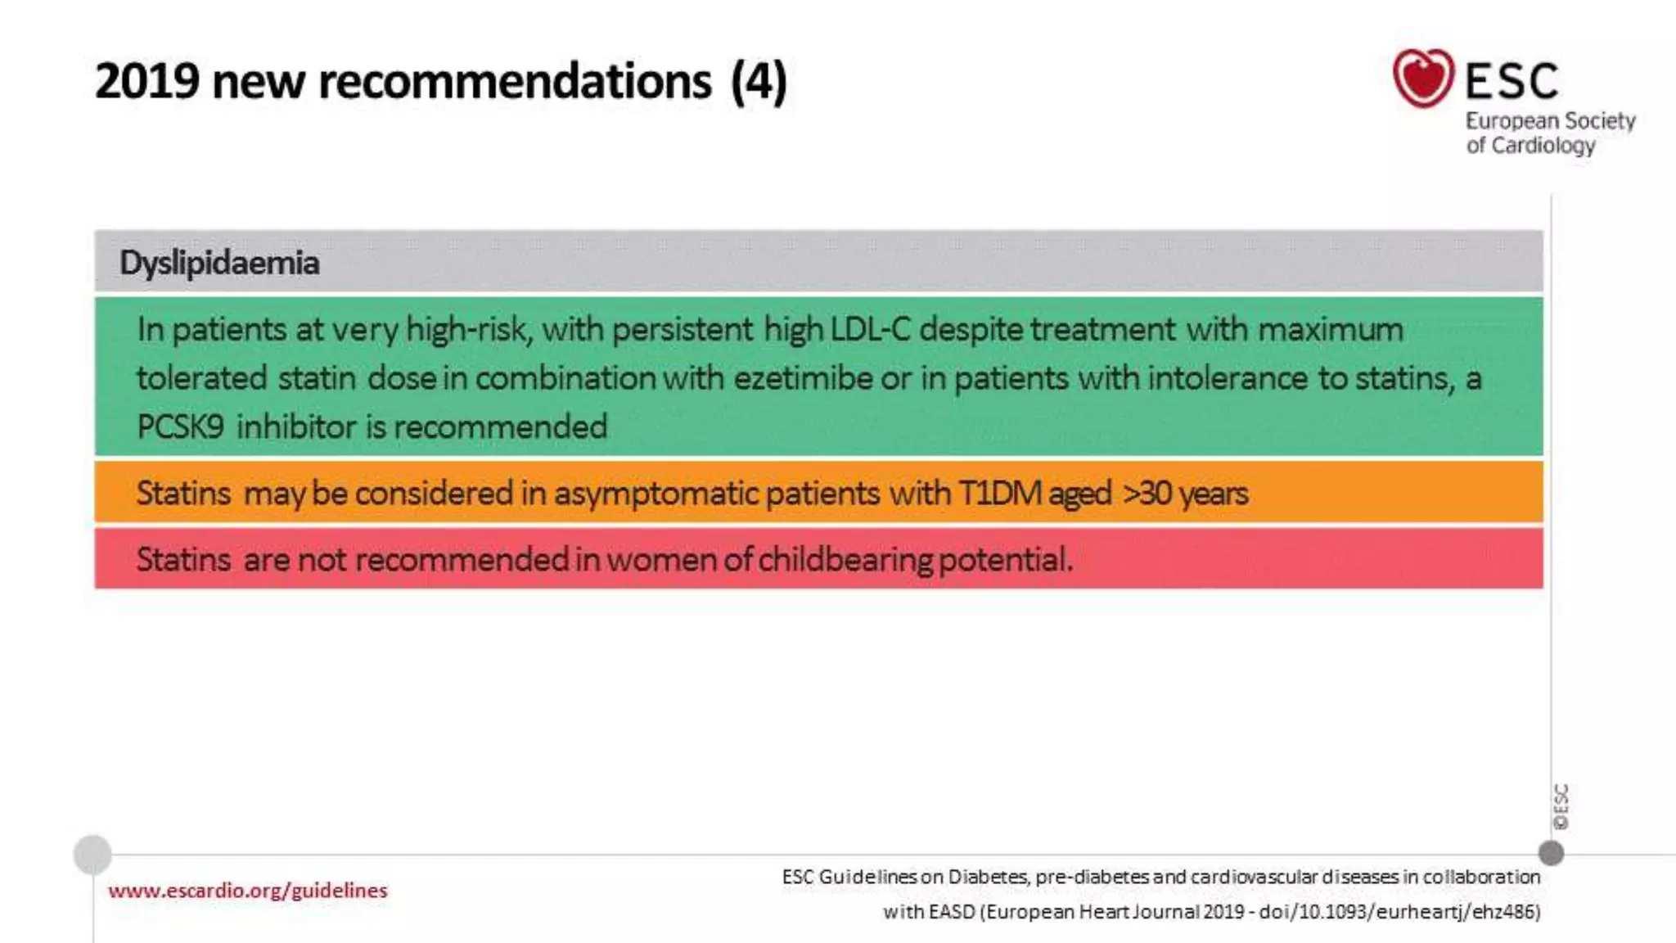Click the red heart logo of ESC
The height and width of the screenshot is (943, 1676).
(1423, 79)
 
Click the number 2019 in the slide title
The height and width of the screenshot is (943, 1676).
(147, 81)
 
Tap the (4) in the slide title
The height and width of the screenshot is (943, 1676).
(759, 81)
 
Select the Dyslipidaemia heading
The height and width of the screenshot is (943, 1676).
(219, 263)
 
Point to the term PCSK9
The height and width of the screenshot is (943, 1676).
(180, 426)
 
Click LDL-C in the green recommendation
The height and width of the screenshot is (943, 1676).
(870, 329)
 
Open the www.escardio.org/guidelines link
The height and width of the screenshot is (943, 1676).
(247, 890)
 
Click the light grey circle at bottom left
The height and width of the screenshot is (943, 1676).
(92, 855)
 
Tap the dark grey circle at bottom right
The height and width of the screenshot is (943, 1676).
(1551, 853)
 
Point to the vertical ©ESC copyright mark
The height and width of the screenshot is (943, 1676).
(1561, 806)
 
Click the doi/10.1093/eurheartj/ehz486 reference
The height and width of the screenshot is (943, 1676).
(1399, 911)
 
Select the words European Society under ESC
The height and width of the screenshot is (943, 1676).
(1550, 121)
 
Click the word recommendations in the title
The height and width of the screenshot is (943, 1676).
(515, 81)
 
